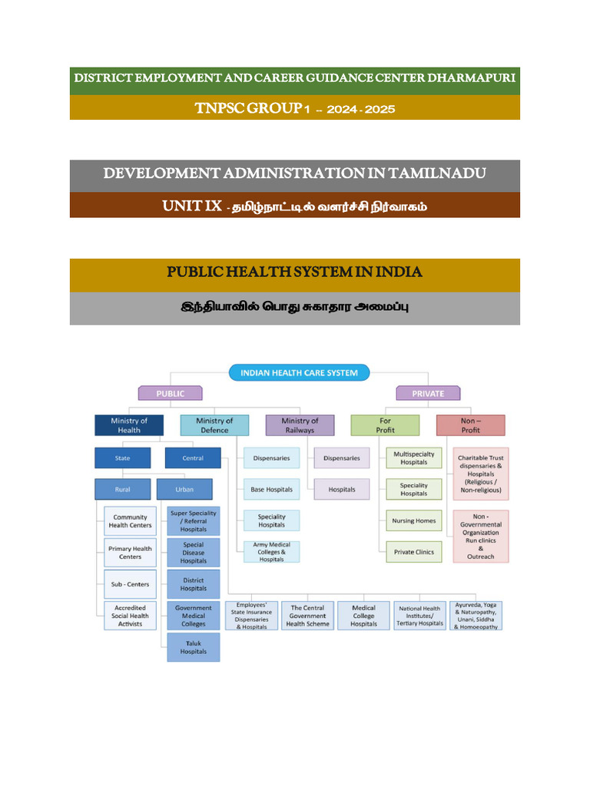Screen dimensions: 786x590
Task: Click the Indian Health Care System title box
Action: (x=299, y=373)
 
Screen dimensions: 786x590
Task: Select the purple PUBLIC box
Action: (x=170, y=393)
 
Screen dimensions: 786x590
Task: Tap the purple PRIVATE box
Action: (x=428, y=393)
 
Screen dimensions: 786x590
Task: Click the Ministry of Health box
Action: (x=129, y=425)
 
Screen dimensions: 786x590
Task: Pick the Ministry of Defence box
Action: (x=214, y=425)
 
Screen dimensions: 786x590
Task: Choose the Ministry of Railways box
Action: (x=300, y=425)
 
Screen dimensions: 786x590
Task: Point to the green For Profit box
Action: (x=385, y=425)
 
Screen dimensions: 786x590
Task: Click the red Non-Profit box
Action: (x=471, y=425)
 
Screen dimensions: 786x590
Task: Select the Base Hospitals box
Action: (x=271, y=489)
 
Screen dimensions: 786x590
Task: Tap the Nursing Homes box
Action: (x=413, y=520)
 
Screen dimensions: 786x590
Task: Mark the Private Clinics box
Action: (x=413, y=552)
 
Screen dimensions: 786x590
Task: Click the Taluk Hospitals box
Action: (x=194, y=647)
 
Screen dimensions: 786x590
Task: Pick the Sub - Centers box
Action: (x=130, y=584)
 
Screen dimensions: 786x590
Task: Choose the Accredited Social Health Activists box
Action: (x=130, y=616)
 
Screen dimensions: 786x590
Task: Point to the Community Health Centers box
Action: (x=130, y=521)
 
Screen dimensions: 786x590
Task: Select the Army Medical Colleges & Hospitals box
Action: (x=271, y=552)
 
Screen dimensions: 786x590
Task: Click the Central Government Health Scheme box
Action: (x=307, y=616)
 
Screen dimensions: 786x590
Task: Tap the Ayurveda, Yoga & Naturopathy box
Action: (x=476, y=616)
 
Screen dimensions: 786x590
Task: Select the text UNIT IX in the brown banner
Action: (x=191, y=206)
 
